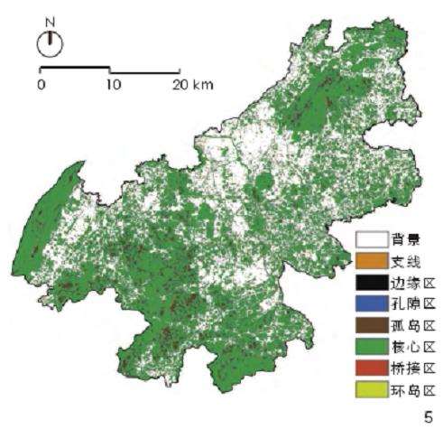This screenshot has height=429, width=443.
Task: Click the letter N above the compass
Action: (x=50, y=21)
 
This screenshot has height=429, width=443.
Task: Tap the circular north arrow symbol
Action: (x=50, y=42)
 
